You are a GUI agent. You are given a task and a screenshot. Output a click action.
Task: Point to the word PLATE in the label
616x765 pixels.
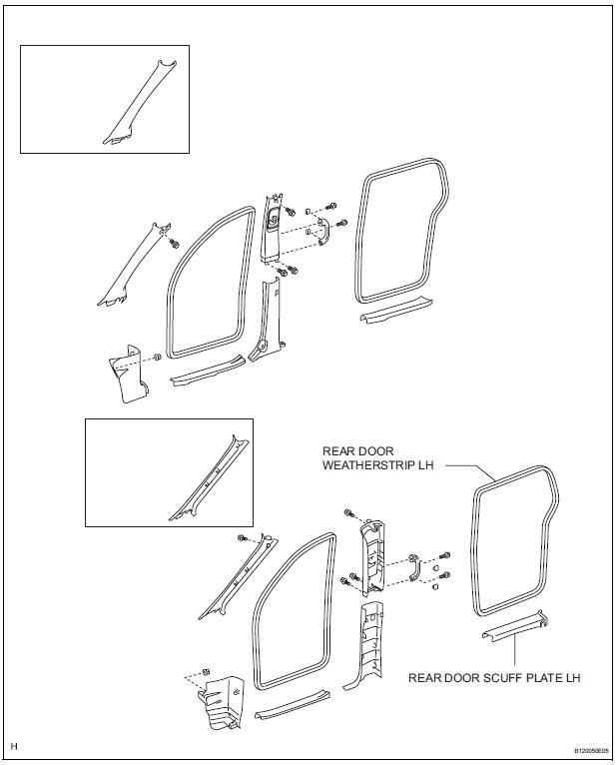click(538, 678)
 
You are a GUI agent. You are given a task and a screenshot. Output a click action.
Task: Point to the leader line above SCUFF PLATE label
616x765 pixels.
click(515, 654)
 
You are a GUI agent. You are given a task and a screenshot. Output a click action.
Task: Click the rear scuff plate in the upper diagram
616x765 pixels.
click(394, 313)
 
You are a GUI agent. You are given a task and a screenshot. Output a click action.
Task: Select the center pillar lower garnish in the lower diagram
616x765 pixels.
click(365, 639)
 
